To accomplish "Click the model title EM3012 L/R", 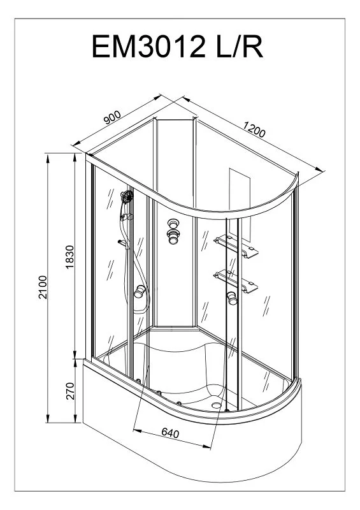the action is (x=177, y=47).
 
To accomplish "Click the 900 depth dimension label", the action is (x=112, y=118).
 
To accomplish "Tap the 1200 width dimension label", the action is (x=254, y=129).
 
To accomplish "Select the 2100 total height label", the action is (x=43, y=288).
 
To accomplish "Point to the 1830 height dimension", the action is (x=70, y=257).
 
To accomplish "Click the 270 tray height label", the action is (x=70, y=391).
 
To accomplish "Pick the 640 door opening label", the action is (x=170, y=433).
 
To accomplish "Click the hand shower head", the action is (x=127, y=197).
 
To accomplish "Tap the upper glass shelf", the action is (x=236, y=246).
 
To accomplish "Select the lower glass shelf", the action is (x=236, y=280).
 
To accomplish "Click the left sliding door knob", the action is (x=140, y=291).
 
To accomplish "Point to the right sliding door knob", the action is (x=232, y=298).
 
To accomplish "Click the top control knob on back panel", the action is (x=173, y=224).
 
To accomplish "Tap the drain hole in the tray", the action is (x=216, y=405).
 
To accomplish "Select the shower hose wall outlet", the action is (x=122, y=243).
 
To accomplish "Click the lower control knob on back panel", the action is (x=173, y=237).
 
